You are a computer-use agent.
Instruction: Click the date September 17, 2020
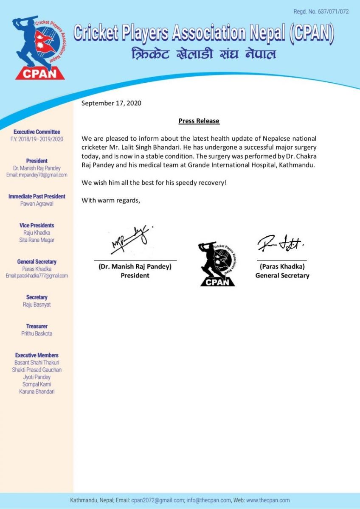coord(111,103)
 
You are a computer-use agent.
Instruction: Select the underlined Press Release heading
coord(199,121)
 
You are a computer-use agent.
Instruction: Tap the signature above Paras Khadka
coord(281,243)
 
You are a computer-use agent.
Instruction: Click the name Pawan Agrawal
coord(37,204)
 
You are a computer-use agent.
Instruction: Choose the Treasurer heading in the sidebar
coord(37,326)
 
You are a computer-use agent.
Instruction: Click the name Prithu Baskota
coord(37,333)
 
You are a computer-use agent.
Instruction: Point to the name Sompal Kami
coord(37,384)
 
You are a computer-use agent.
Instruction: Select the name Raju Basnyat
coord(37,305)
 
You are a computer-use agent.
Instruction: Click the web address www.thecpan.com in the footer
coord(267,501)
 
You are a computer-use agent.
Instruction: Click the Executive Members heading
coord(37,355)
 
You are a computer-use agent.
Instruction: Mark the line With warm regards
coord(111,200)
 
